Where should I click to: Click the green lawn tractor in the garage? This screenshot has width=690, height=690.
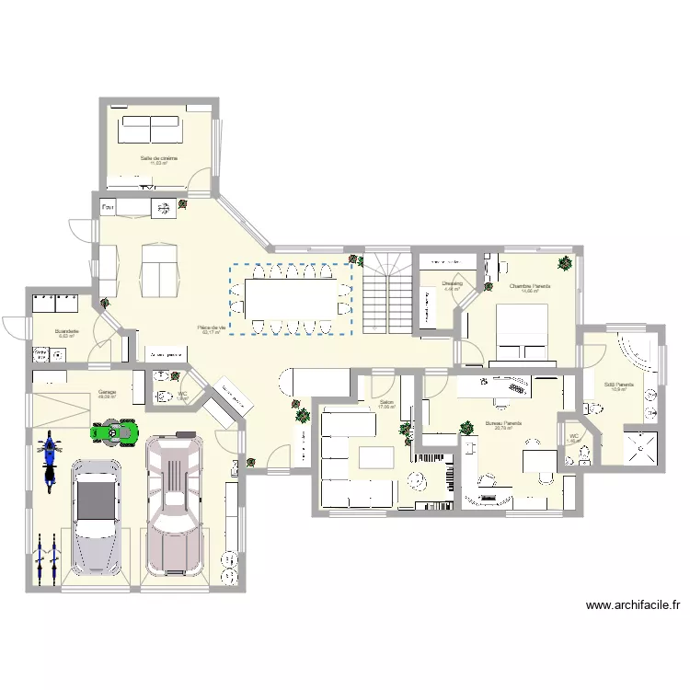pyautogui.click(x=115, y=431)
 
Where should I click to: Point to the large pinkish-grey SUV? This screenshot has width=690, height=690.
pyautogui.click(x=174, y=504)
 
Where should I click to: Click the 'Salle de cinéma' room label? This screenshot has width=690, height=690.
pyautogui.click(x=159, y=158)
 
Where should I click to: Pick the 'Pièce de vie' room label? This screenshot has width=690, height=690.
pyautogui.click(x=212, y=328)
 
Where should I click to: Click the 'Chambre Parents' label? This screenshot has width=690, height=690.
pyautogui.click(x=530, y=286)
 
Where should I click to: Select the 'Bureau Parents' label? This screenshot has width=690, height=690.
pyautogui.click(x=503, y=423)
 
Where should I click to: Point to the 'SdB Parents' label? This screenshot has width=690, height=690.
pyautogui.click(x=617, y=385)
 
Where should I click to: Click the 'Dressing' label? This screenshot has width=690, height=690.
pyautogui.click(x=452, y=283)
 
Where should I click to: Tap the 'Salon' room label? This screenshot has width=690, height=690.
pyautogui.click(x=385, y=402)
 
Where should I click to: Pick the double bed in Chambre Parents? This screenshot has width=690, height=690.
pyautogui.click(x=522, y=331)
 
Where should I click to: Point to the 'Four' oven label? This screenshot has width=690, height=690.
pyautogui.click(x=109, y=207)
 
